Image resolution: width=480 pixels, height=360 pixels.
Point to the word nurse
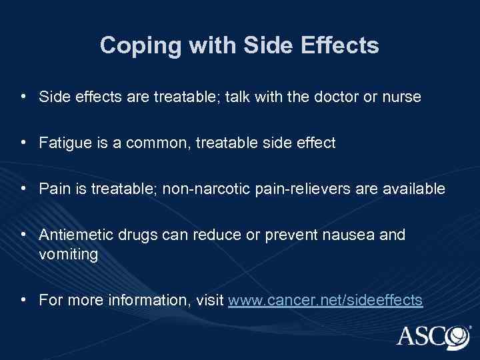(402, 97)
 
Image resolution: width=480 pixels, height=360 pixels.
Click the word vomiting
(68, 254)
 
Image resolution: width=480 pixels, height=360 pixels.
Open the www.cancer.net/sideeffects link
(325, 300)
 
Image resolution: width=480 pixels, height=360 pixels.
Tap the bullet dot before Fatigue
(24, 143)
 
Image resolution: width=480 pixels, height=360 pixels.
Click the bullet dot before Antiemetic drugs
(24, 235)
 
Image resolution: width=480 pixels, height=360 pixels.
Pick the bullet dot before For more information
(24, 300)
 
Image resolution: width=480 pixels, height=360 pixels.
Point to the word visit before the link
(209, 300)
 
